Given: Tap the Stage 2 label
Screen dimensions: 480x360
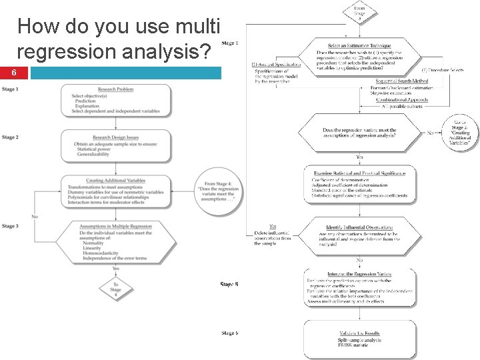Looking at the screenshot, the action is point(10,138).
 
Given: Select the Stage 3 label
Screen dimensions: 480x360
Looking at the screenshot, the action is point(10,227).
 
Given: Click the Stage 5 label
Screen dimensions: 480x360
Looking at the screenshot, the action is point(229,285).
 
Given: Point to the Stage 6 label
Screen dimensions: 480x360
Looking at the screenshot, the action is point(229,333).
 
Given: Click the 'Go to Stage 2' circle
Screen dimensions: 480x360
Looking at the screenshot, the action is point(461,134).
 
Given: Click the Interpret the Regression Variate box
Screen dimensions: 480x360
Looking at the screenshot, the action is point(360,287).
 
